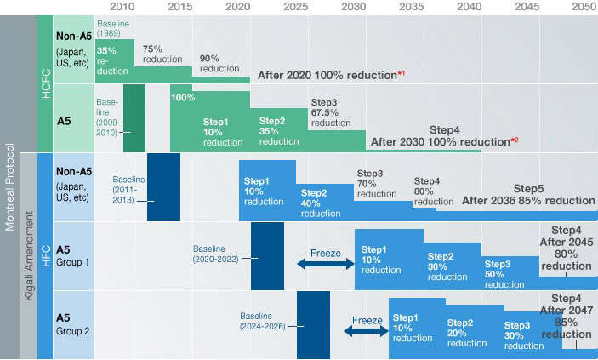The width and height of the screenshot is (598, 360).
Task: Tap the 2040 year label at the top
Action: [x=468, y=6]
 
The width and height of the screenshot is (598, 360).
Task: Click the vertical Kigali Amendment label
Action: [x=28, y=255]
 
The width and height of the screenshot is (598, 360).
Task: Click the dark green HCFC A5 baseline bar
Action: [x=134, y=117]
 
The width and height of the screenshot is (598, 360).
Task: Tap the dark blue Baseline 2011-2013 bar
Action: [x=163, y=186]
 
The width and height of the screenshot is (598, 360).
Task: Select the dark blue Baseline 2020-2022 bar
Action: [x=267, y=255]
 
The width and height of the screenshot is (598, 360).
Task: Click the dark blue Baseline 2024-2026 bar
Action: [x=313, y=324]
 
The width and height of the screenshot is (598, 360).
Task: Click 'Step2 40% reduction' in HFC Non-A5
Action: [x=320, y=203]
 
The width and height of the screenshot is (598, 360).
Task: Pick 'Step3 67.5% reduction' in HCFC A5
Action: [x=330, y=112]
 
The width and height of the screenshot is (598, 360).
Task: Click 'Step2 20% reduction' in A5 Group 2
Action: [x=466, y=333]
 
